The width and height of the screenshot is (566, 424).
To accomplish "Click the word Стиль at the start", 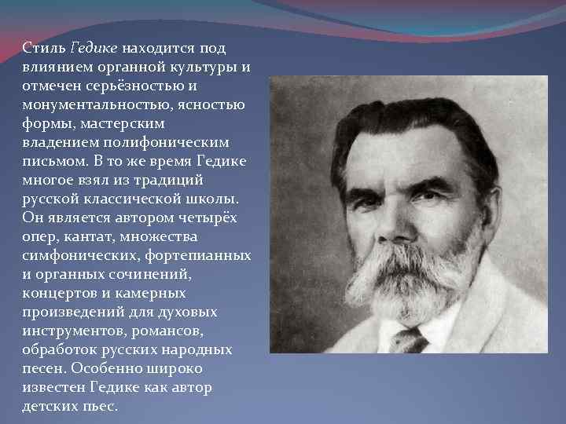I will pyautogui.click(x=39, y=49).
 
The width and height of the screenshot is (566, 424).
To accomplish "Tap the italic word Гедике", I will pyautogui.click(x=90, y=49).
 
